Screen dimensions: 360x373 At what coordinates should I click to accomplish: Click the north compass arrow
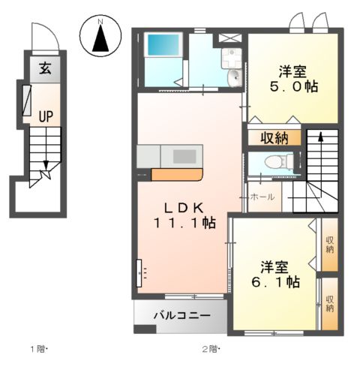click(100, 38)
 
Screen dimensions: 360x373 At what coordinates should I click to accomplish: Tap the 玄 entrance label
click(45, 68)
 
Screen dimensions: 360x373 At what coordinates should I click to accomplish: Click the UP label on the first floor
click(46, 116)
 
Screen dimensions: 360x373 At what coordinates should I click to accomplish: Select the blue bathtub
click(163, 45)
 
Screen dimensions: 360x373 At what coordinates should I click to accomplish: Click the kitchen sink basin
click(184, 157)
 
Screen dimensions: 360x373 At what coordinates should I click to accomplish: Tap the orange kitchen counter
click(177, 175)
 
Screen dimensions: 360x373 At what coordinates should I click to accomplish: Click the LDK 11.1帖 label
click(184, 215)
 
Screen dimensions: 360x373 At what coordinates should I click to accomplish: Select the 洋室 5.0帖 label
click(294, 79)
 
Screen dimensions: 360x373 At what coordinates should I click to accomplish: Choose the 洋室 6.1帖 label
click(275, 275)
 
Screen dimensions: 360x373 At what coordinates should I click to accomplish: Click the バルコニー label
click(181, 315)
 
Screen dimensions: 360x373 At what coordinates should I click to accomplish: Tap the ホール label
click(262, 197)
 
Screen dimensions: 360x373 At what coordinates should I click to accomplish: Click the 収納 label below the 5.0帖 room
click(274, 138)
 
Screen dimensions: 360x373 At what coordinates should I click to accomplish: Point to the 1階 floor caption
click(38, 349)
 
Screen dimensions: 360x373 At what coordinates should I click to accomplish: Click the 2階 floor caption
click(211, 349)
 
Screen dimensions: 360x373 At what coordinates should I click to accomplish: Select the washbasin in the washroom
click(235, 77)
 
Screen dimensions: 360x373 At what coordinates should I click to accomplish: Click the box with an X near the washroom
click(230, 38)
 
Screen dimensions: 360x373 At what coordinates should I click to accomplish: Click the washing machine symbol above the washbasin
click(232, 58)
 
